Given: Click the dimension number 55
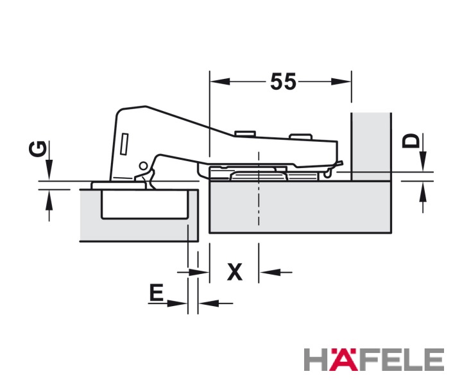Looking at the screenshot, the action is tap(283, 81).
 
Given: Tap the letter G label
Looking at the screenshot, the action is tap(38, 150).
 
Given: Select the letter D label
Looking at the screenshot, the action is tap(411, 141).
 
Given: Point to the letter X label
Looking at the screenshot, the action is tap(235, 271).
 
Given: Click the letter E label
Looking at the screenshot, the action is tap(156, 293).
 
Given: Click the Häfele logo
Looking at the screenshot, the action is tap(374, 359).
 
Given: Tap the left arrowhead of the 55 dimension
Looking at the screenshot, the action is tap(220, 81).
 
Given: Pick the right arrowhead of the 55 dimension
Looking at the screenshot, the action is tap(341, 81).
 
